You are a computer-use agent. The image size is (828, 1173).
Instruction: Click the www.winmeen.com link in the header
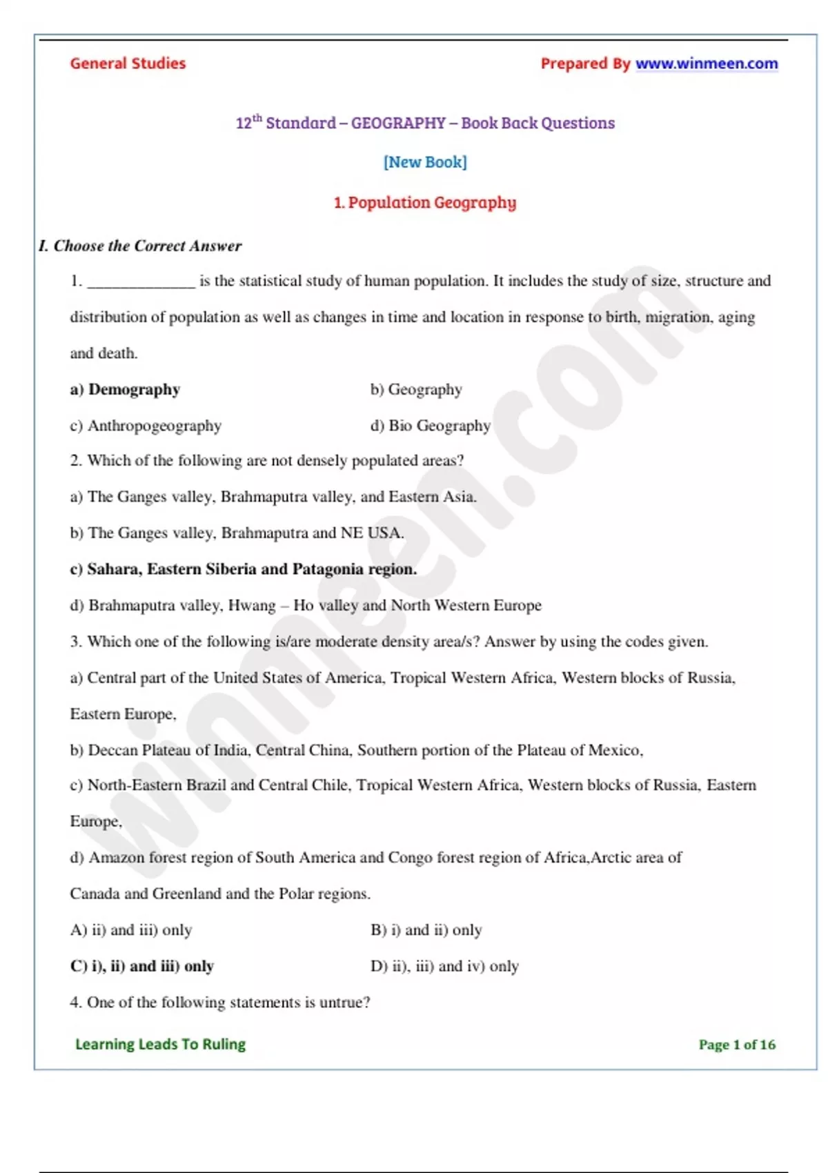(706, 63)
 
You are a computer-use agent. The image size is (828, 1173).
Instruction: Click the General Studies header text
(128, 63)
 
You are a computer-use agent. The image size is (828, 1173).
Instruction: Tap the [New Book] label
(425, 162)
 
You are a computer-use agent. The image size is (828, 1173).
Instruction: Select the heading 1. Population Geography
(425, 203)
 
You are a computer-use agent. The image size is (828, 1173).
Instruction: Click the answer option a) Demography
(125, 389)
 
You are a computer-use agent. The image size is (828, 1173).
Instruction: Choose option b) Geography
(416, 389)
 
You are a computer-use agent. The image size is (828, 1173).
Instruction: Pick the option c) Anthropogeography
(146, 426)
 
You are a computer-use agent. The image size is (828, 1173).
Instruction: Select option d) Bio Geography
(431, 426)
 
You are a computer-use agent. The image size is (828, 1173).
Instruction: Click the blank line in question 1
(141, 282)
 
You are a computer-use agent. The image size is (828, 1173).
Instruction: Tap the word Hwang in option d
(252, 606)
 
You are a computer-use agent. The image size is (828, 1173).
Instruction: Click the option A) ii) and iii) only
(131, 930)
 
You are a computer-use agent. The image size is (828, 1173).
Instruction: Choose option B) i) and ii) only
(426, 930)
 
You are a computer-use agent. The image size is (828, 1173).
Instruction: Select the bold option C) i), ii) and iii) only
(142, 966)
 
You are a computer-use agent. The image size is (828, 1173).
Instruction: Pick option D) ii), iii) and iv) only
(444, 966)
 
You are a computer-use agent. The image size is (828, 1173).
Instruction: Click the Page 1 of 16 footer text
(737, 1045)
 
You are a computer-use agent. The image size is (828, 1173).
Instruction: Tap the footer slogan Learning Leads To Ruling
(160, 1045)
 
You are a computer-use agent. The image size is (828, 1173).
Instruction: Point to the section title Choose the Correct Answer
(147, 246)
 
